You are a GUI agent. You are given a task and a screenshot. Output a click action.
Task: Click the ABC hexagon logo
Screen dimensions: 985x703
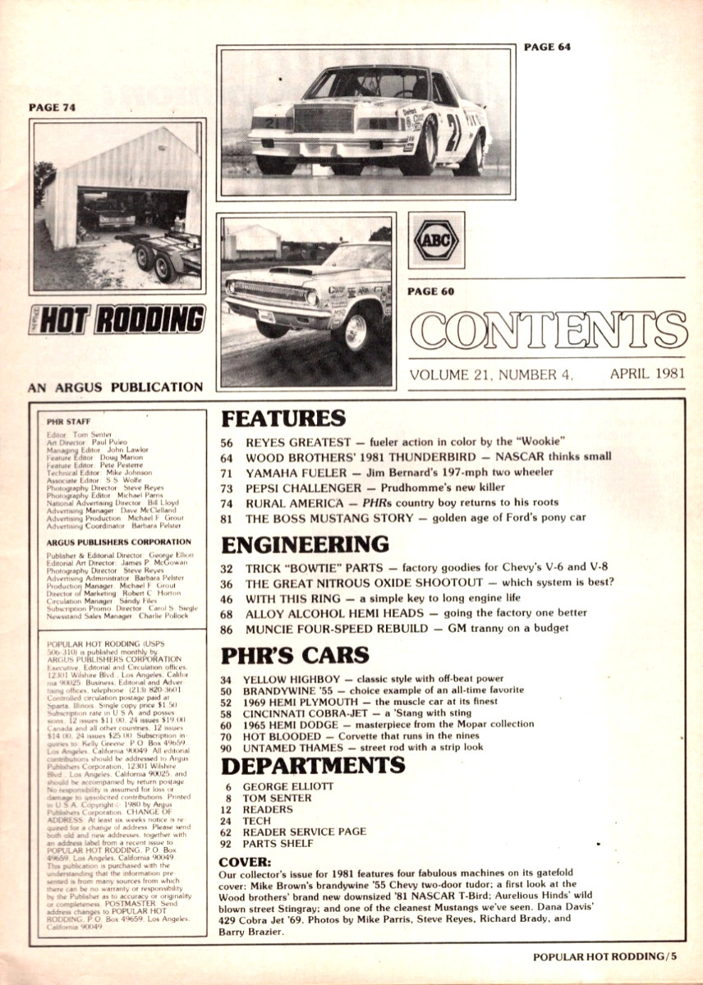436,241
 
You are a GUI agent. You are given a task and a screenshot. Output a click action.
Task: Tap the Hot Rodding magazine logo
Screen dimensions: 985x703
117,318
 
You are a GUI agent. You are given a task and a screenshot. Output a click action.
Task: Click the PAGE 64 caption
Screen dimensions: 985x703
547,47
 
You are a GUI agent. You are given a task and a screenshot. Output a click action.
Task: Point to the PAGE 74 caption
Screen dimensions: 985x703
52,107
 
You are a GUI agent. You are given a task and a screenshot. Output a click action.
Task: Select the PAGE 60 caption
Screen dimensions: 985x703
431,291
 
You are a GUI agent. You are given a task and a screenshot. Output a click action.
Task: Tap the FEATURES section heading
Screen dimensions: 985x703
283,418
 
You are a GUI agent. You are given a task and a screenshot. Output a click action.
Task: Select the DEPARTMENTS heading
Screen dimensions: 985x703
313,766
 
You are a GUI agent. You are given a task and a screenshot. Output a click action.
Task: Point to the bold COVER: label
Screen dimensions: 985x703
246,862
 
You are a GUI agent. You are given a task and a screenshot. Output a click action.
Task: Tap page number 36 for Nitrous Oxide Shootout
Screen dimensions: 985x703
227,583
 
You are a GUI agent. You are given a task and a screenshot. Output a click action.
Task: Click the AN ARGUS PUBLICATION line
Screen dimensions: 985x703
115,386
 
